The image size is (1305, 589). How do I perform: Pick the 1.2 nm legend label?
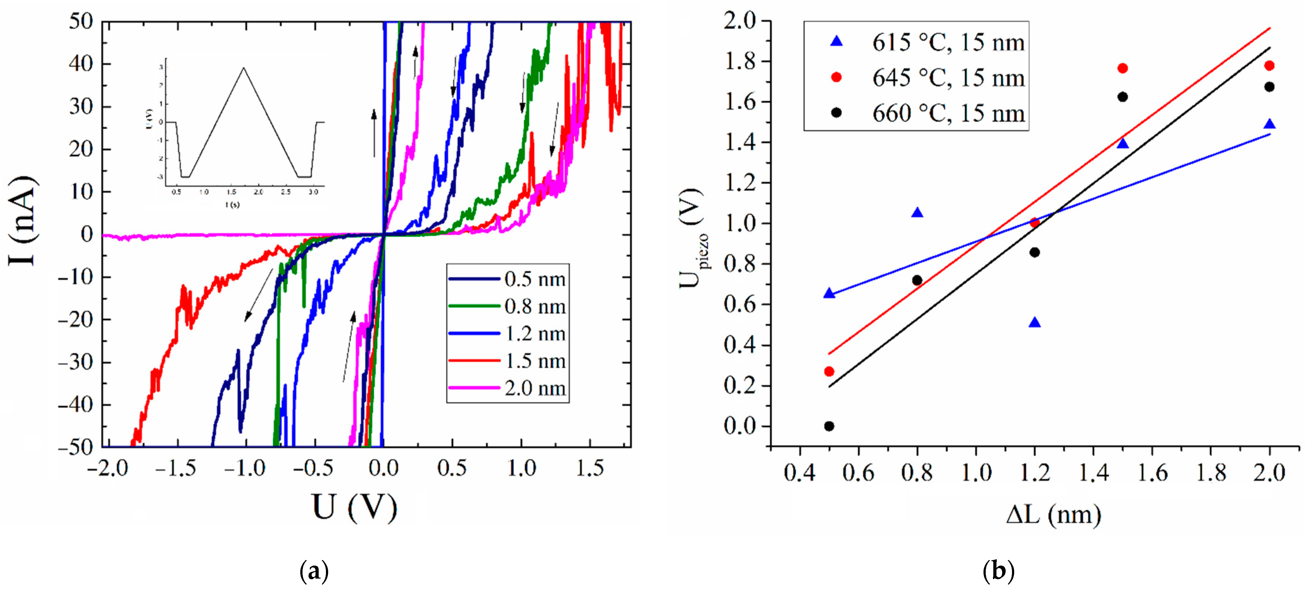535,334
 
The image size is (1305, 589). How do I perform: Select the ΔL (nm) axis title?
1053,515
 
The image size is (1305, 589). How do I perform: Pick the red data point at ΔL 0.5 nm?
829,372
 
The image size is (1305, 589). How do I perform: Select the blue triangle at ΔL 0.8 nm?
917,213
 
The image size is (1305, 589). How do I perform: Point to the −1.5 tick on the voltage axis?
175,468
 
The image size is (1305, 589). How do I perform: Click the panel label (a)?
314,571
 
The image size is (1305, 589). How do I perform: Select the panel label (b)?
998,571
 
